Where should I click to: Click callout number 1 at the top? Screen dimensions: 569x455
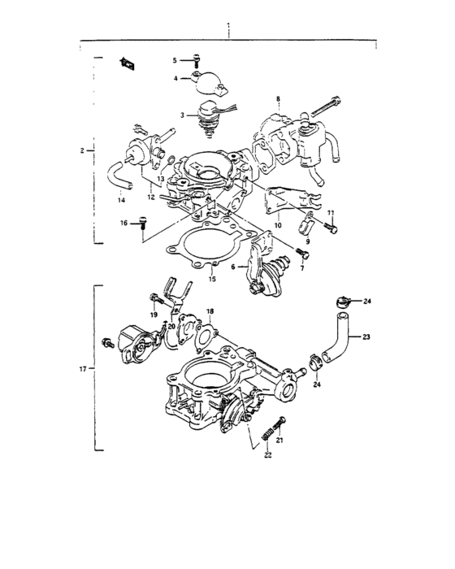229,25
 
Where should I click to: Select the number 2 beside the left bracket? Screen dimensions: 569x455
82,150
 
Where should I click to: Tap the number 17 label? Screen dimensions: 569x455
82,369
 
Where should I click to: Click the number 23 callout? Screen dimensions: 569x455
366,337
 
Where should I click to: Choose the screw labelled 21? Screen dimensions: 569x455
281,423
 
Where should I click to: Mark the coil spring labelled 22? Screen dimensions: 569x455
265,440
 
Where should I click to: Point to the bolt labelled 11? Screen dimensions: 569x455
331,228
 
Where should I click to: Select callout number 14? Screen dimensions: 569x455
122,200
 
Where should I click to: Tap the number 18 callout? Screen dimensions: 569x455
210,311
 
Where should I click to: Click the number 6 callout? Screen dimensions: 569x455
234,267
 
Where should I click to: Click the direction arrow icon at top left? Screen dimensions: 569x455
127,62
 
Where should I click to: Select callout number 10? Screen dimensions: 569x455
277,224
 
